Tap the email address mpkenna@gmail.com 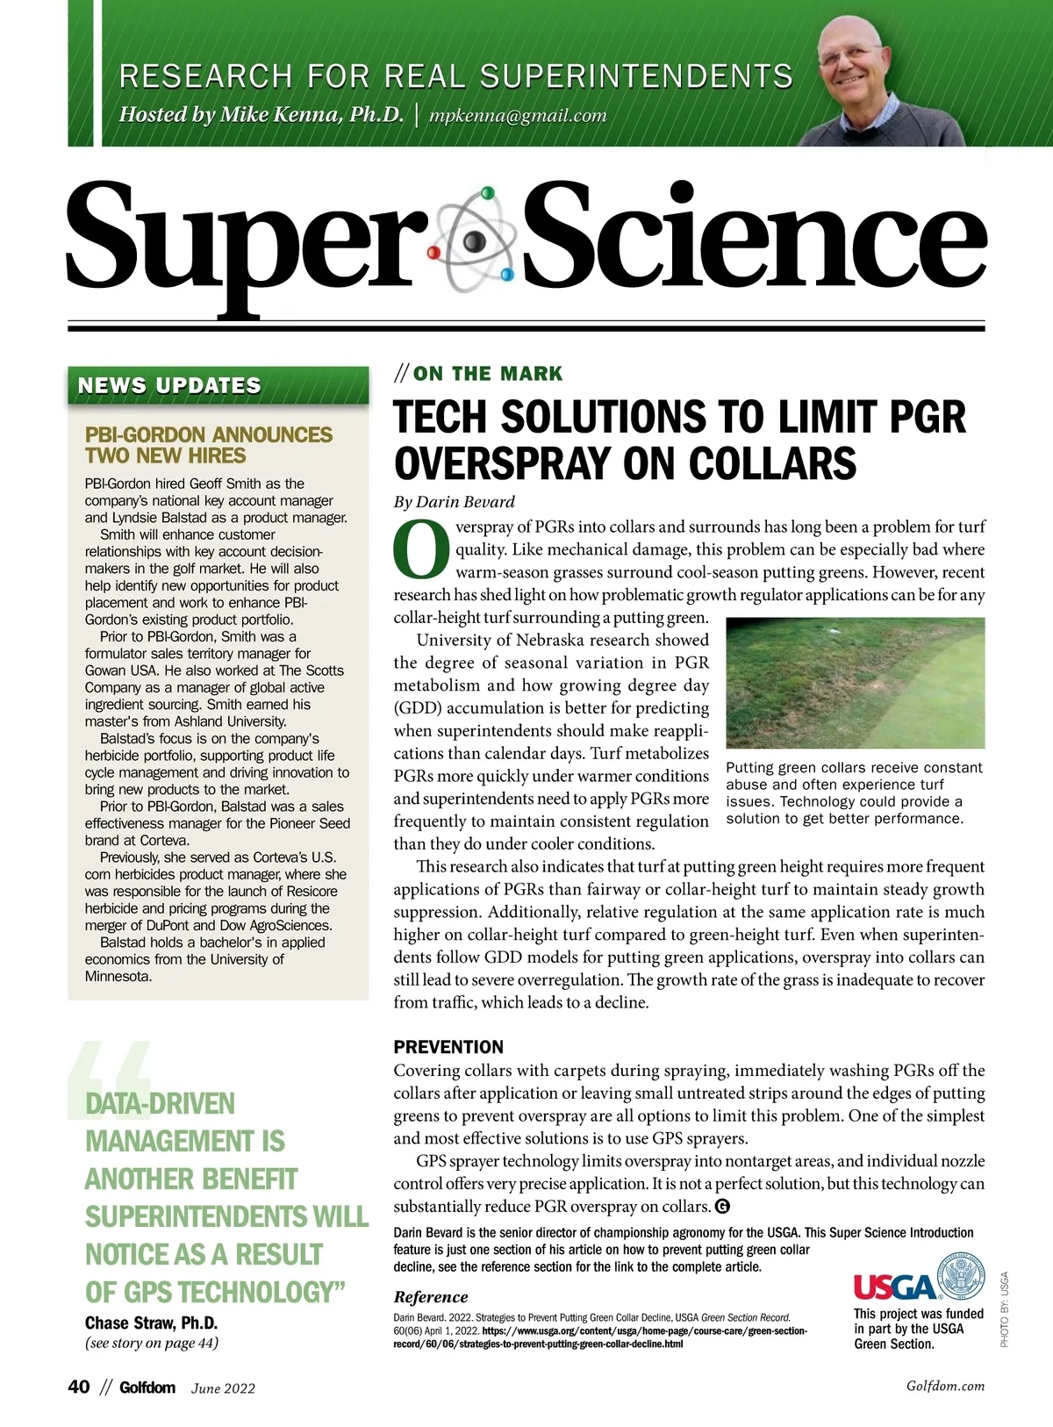tap(518, 115)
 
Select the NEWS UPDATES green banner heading tap(169, 385)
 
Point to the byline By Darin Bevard tap(454, 502)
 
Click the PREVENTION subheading tap(448, 1046)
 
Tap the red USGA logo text tap(894, 1287)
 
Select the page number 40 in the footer tap(79, 1387)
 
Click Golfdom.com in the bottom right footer tap(945, 1387)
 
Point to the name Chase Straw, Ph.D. tap(151, 1323)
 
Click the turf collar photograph tap(856, 682)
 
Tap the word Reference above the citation tap(431, 1297)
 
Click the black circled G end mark tap(723, 1206)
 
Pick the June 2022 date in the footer tap(223, 1388)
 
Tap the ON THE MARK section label tap(487, 374)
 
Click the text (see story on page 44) tap(151, 1343)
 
